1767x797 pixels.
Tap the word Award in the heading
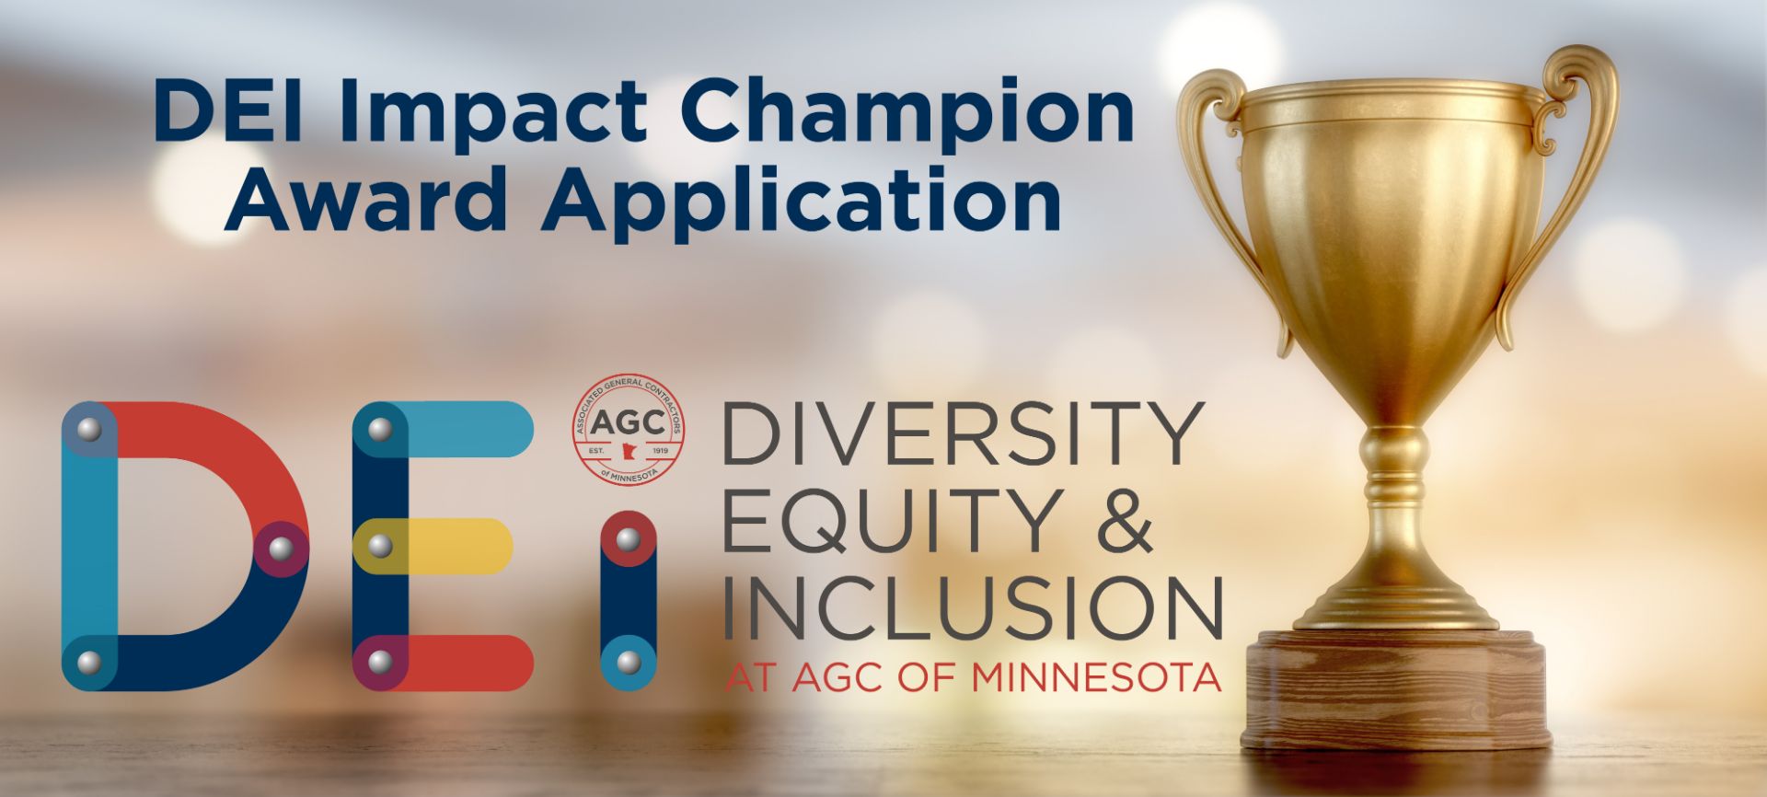365,199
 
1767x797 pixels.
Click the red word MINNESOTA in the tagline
1096,678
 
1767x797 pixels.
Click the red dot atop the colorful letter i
628,538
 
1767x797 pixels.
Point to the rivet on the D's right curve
281,549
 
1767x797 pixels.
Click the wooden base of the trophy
1396,688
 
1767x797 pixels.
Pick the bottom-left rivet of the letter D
89,663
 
